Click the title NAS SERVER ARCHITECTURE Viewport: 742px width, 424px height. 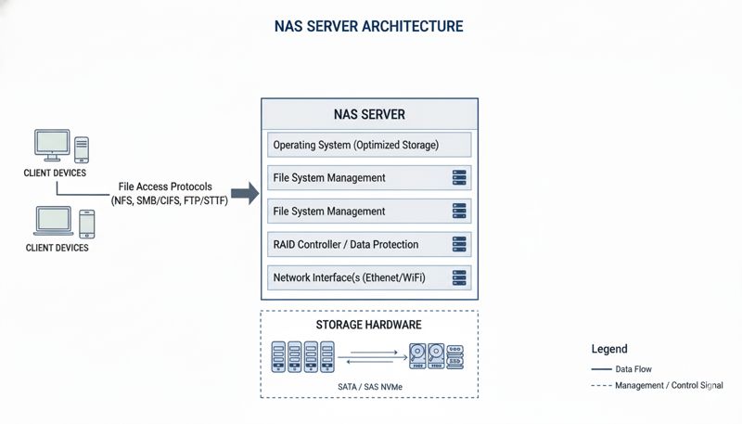click(x=369, y=26)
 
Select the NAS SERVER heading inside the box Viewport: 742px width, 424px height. click(x=369, y=115)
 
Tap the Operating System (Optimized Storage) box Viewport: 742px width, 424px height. click(x=369, y=146)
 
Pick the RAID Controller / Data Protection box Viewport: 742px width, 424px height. click(x=369, y=245)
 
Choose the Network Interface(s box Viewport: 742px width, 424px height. click(x=369, y=277)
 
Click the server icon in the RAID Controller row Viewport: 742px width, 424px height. click(x=457, y=245)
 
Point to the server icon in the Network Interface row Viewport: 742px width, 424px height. click(x=457, y=277)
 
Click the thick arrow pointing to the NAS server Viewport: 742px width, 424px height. click(x=244, y=193)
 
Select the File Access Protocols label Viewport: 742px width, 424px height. click(x=165, y=186)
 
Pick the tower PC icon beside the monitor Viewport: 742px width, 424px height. click(x=82, y=149)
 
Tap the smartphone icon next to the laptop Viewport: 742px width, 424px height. click(x=86, y=224)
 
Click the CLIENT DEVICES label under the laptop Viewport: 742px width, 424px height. click(x=57, y=249)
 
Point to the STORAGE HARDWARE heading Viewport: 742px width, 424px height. click(x=368, y=326)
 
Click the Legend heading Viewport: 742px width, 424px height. click(x=609, y=350)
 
